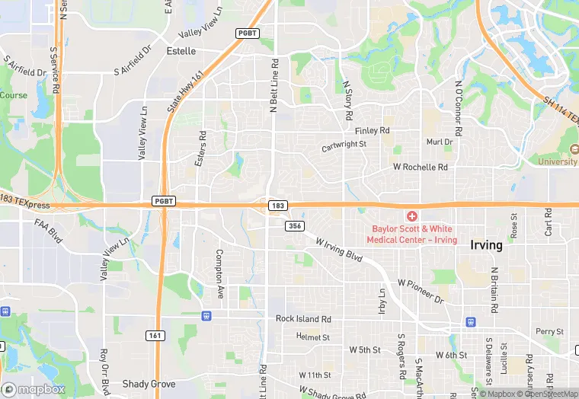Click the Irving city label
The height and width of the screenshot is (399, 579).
[x=486, y=245]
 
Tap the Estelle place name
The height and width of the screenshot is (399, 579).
[x=181, y=51]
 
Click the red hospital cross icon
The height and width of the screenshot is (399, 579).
[x=411, y=217]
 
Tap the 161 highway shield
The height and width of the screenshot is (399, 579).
[x=154, y=335]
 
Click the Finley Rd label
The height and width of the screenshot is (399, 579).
[x=372, y=131]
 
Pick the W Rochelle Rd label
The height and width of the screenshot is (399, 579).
[x=420, y=167]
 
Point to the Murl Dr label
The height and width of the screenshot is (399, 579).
[x=440, y=142]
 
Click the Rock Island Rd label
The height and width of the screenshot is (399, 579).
[x=303, y=319]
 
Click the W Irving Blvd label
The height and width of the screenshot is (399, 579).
[x=339, y=248]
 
